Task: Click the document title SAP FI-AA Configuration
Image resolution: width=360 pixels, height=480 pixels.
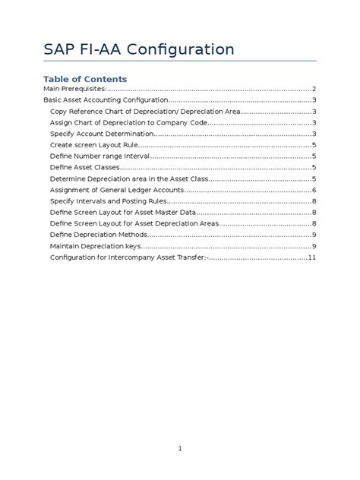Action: click(x=139, y=50)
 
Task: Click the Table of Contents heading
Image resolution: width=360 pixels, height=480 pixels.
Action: click(x=85, y=79)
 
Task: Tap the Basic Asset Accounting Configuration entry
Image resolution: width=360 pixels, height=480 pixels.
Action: click(x=105, y=100)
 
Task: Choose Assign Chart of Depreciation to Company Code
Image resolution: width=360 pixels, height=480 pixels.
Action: click(x=128, y=122)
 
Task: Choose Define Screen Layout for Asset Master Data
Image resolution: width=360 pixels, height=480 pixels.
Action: click(x=122, y=213)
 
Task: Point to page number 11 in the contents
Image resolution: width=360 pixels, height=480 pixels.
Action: click(x=311, y=257)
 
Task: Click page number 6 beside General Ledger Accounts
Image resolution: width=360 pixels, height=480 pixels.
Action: click(x=314, y=190)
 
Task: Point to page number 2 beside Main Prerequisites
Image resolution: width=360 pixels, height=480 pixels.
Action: click(x=314, y=89)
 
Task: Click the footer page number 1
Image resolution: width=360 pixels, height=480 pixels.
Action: click(x=180, y=449)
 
